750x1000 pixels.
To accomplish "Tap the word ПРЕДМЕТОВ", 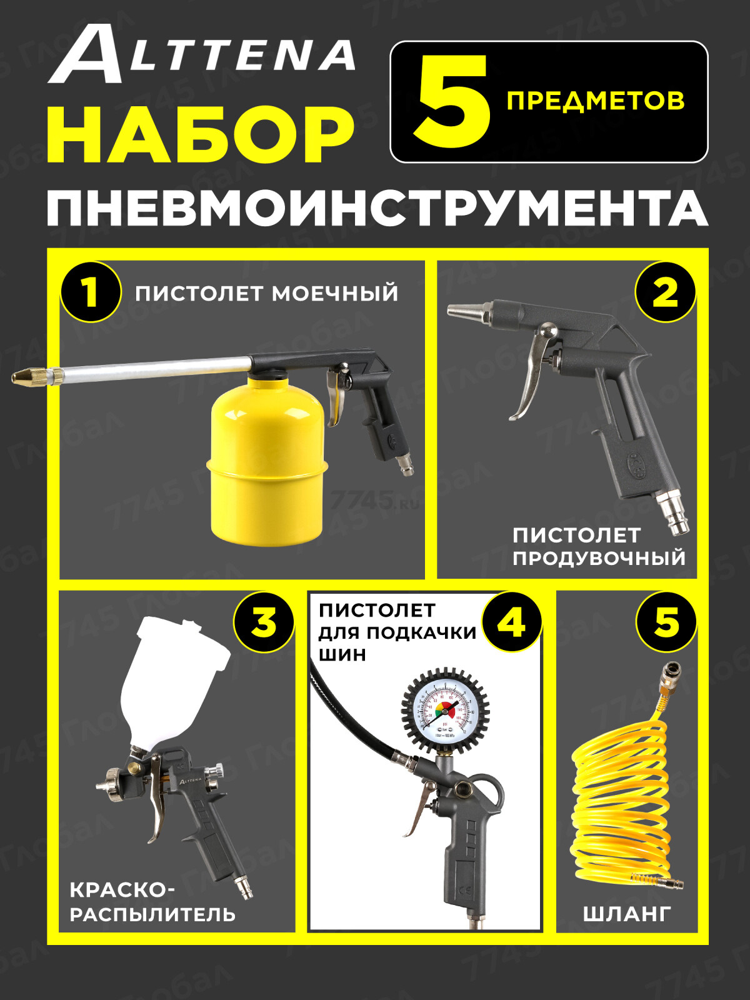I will [595, 101].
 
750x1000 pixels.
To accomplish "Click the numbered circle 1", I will [91, 292].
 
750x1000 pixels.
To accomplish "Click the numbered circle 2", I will [665, 292].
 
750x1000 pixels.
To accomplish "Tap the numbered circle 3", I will [263, 622].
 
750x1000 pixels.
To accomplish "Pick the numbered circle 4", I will [511, 622].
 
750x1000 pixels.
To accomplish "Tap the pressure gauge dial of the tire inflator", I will [445, 709].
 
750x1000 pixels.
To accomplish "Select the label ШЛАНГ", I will [627, 914].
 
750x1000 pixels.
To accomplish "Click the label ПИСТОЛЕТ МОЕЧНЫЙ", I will [267, 293].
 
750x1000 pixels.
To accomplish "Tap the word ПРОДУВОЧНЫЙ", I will [599, 557].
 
